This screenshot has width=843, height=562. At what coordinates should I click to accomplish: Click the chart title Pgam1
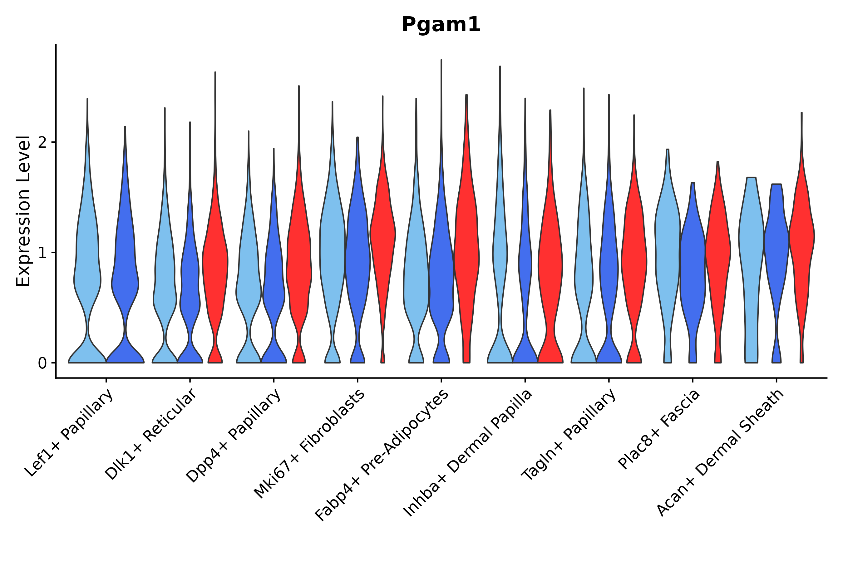pos(441,25)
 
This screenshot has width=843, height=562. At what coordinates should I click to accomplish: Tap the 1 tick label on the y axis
pos(42,253)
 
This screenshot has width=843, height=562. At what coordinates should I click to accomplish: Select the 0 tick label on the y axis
pos(42,363)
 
